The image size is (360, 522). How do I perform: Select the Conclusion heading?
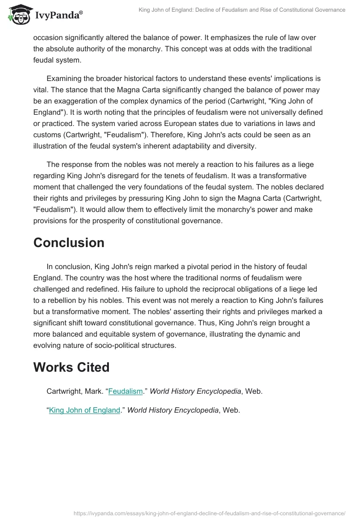coord(69,243)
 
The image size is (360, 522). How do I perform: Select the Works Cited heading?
coord(71,367)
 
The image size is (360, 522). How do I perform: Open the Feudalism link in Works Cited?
coord(126,391)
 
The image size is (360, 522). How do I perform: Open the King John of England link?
coord(85,410)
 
